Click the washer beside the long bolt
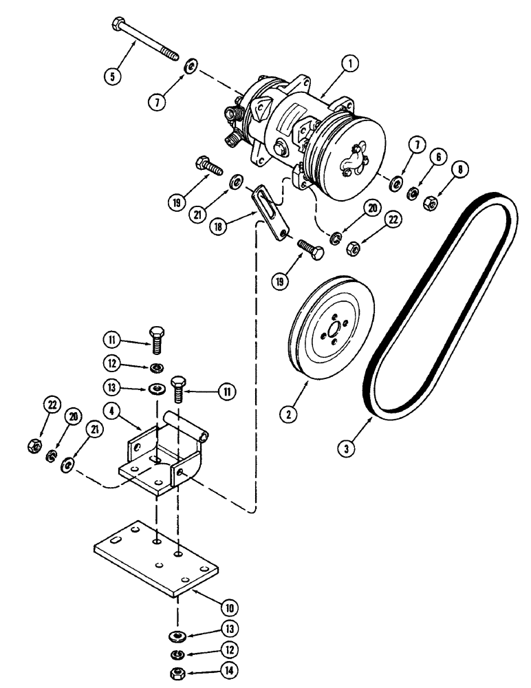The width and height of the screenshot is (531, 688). pos(191,66)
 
